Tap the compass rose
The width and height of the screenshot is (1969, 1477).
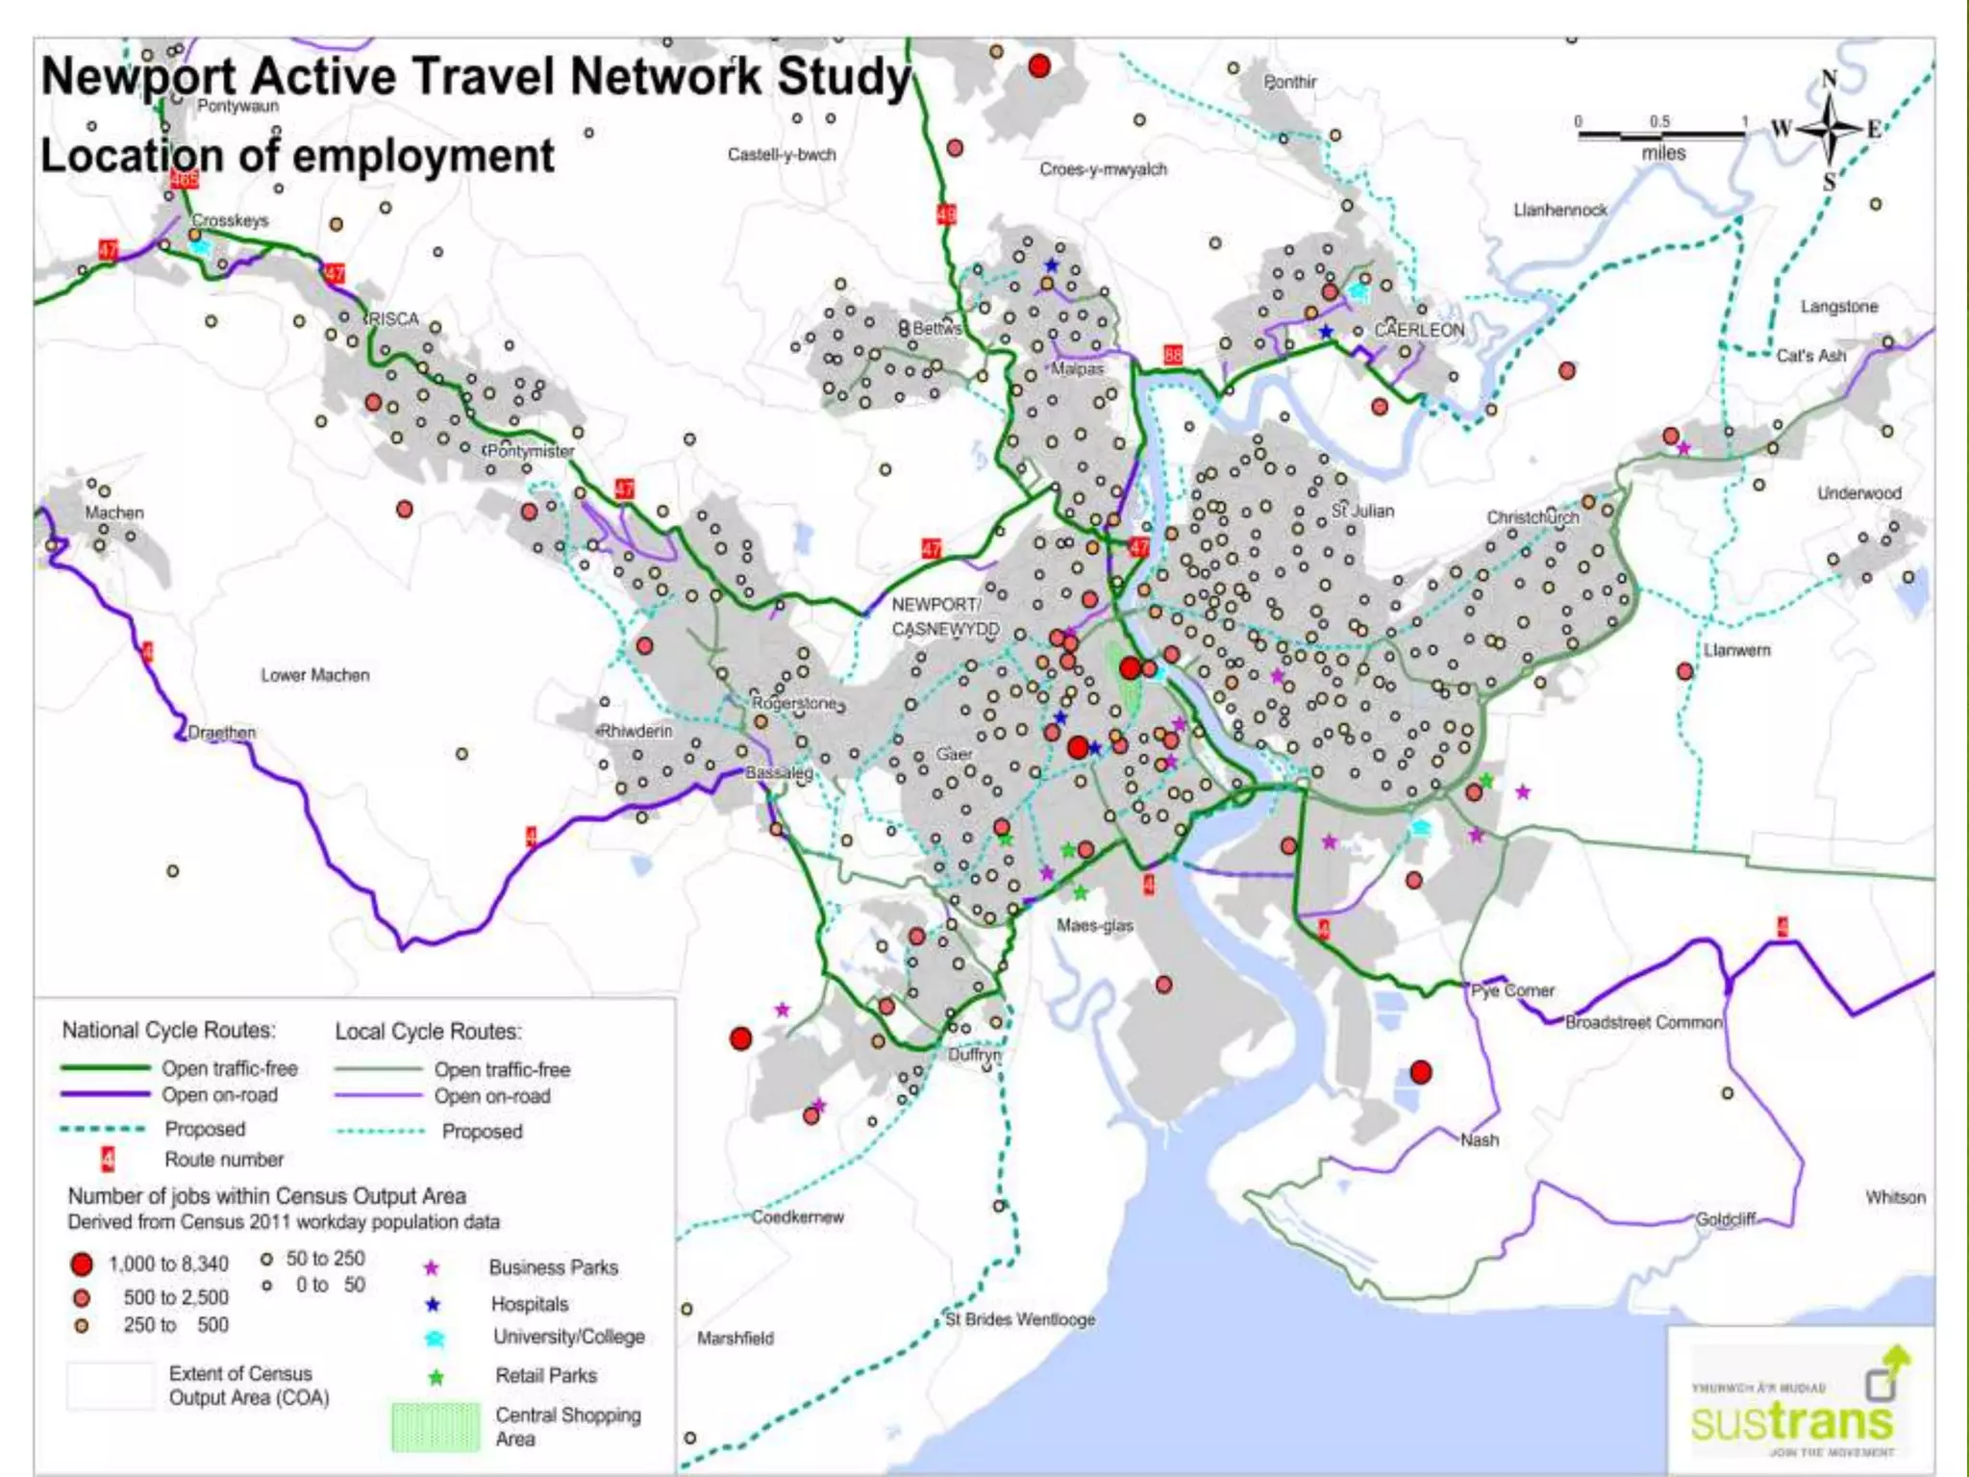[1829, 128]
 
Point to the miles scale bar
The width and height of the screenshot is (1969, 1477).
[1661, 135]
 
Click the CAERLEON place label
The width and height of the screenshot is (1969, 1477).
[1419, 330]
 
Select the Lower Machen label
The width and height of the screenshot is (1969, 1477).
[314, 675]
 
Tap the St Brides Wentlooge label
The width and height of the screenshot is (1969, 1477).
[1020, 1319]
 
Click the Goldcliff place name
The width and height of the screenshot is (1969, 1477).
[1726, 1219]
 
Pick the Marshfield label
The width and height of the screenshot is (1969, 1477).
[735, 1338]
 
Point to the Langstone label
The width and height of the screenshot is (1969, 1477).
[1838, 307]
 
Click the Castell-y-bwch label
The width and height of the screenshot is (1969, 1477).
[782, 155]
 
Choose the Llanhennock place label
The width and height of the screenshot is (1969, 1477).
[1559, 210]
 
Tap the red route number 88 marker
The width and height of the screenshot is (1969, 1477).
[1173, 355]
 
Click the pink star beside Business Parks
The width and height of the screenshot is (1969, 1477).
[432, 1268]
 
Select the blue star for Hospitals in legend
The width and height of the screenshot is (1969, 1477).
[433, 1305]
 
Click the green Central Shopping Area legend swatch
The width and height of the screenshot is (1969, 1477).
[436, 1427]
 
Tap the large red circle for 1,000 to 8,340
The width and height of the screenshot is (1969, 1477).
[82, 1264]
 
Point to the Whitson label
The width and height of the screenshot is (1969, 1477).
[1895, 1197]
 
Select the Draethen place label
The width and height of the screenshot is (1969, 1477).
[222, 733]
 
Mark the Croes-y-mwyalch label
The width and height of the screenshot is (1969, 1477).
[1103, 169]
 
